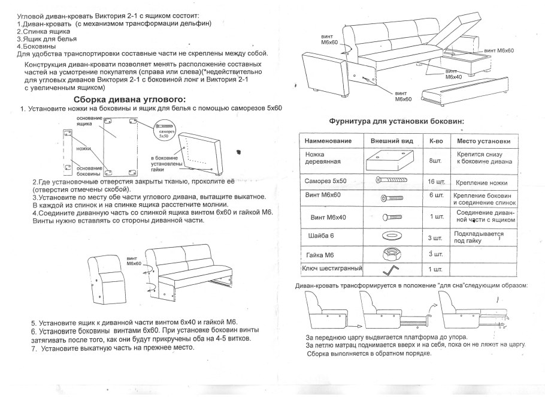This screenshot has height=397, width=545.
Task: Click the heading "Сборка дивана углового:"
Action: point(129,99)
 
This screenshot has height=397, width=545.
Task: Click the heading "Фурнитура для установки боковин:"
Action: point(397,122)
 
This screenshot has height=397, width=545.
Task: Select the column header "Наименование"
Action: point(324,141)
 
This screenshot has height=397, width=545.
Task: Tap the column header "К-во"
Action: point(435,141)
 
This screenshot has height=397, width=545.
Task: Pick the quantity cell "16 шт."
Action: point(435,181)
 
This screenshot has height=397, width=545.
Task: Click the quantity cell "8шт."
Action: point(435,161)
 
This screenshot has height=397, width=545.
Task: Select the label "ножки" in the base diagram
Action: point(84,148)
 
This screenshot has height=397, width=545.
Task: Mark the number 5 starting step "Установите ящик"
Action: point(34,322)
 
